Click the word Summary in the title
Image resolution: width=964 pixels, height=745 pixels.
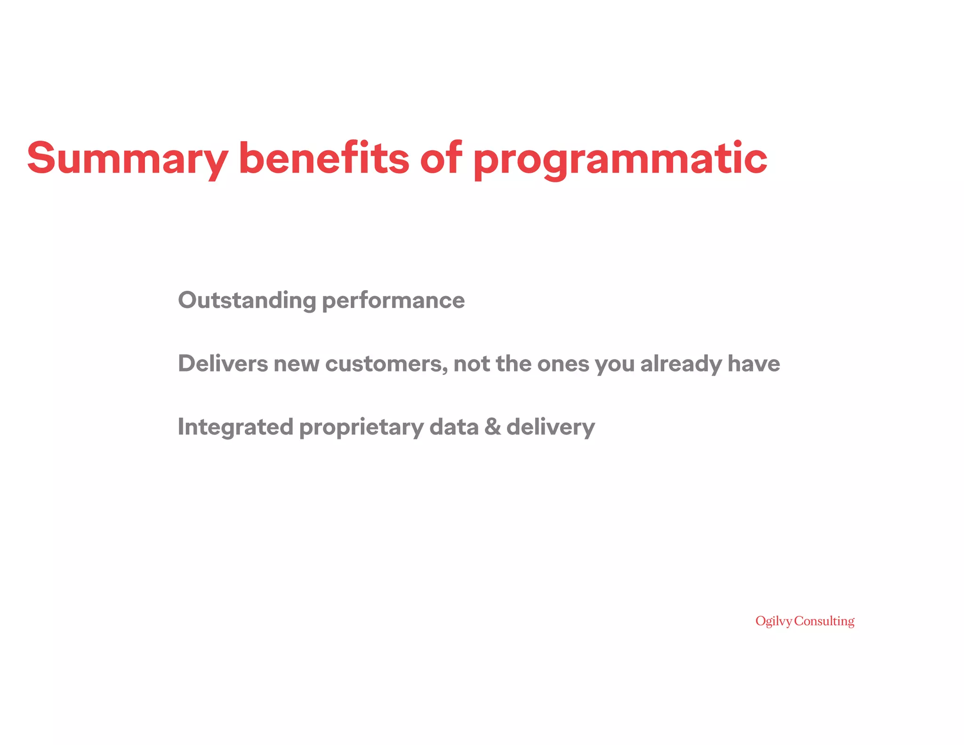point(127,159)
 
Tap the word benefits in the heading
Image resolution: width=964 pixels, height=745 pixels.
point(324,158)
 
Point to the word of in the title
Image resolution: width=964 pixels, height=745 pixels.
point(441,158)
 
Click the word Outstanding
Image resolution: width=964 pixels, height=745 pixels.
point(247,300)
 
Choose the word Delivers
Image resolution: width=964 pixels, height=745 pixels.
point(223,364)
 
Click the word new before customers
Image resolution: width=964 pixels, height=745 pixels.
point(297,364)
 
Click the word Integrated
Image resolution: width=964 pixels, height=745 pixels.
point(235,427)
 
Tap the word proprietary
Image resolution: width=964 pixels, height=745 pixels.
point(361,428)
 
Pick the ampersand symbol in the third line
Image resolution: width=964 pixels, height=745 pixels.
point(492,427)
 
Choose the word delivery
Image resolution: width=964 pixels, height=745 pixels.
point(550,427)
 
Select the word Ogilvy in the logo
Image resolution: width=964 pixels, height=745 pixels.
point(773,622)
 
